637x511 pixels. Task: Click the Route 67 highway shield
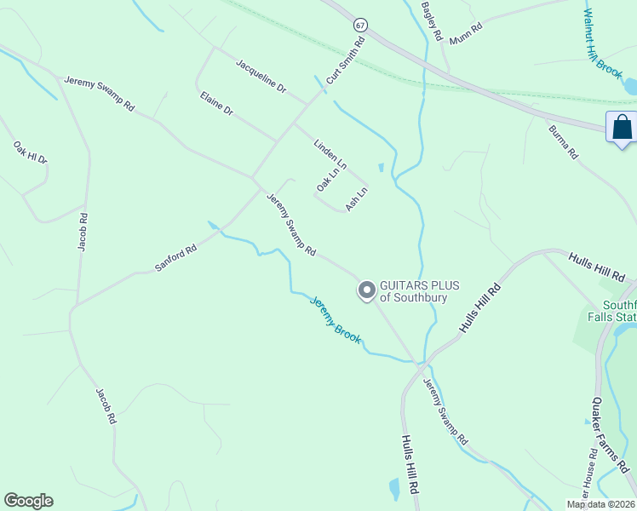coord(362,25)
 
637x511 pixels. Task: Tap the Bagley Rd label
coord(433,22)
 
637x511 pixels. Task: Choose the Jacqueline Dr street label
coord(261,76)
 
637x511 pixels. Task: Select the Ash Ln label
coord(356,198)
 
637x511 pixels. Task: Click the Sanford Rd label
coord(175,258)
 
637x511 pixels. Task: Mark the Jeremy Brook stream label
coord(335,319)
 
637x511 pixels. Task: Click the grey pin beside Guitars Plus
coord(366,290)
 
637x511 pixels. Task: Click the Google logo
coord(28,501)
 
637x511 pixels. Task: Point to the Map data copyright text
coord(600,504)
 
